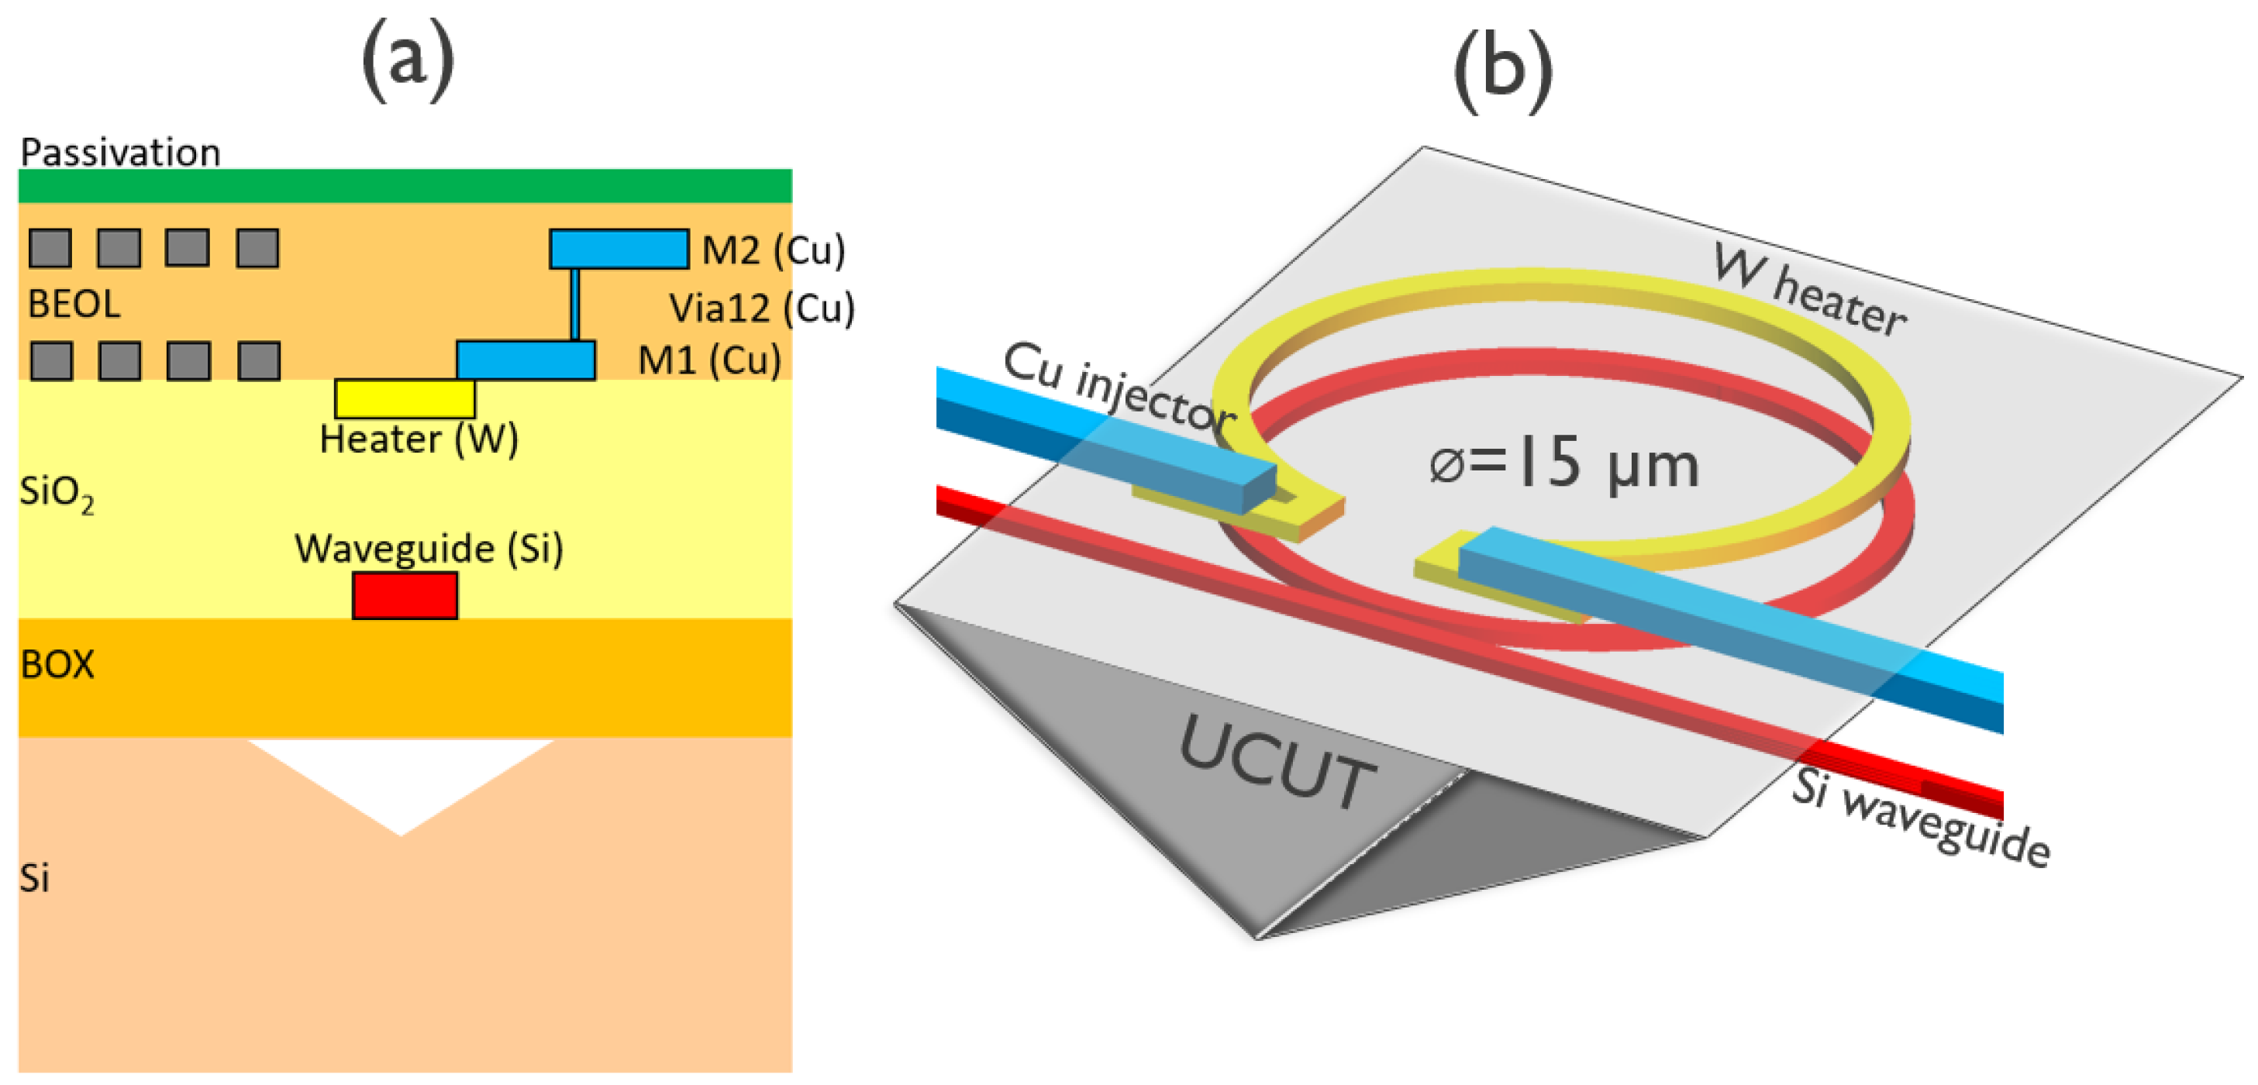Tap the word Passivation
120,153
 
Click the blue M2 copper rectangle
619,249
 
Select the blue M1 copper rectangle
526,360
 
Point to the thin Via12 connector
575,304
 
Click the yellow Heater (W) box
405,399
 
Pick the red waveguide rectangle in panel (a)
405,596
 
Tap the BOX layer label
57,664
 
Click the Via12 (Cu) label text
761,308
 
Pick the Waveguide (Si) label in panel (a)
428,549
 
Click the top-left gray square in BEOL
50,248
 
